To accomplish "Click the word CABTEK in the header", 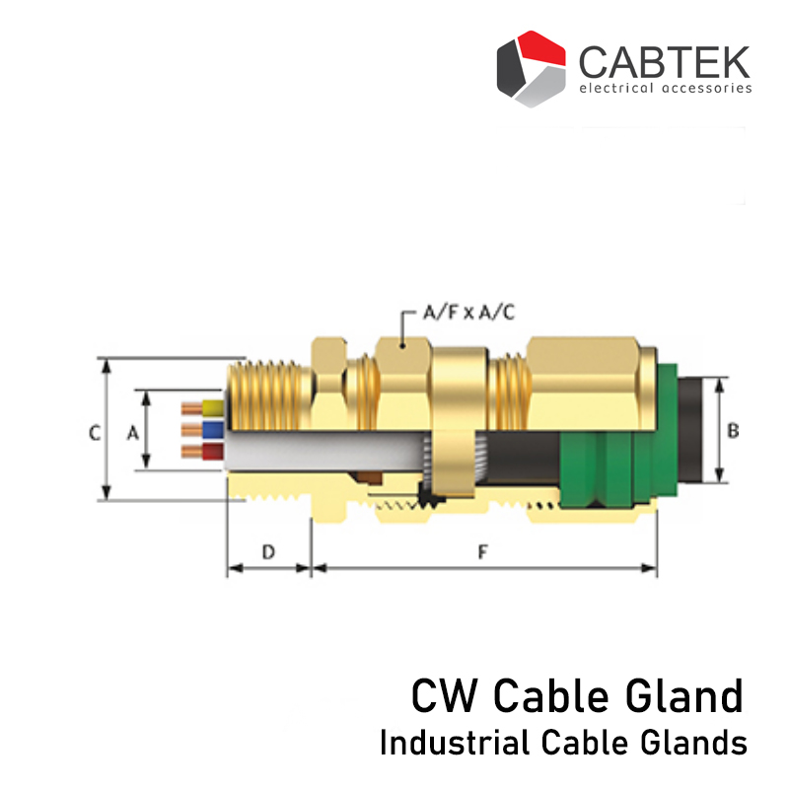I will tap(664, 61).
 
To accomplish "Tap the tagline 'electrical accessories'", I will tap(665, 89).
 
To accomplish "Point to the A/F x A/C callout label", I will tap(467, 313).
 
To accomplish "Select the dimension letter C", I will tap(94, 432).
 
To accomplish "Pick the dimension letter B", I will tap(733, 430).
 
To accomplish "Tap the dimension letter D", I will tap(267, 552).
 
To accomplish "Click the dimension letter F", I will tap(482, 552).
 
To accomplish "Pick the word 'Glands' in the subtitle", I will tap(702, 743).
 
